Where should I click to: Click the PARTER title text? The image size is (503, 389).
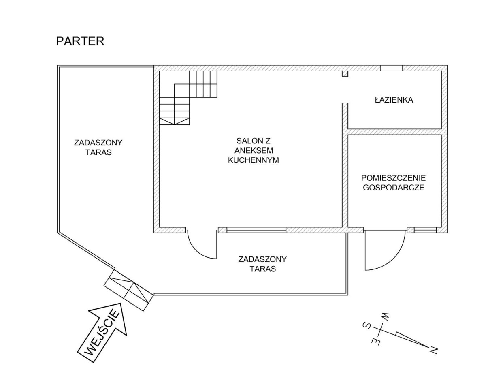click(80, 41)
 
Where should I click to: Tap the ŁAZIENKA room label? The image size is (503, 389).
click(394, 100)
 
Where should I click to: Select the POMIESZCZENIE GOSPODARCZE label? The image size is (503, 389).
click(394, 183)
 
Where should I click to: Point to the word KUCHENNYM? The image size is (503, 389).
click(254, 160)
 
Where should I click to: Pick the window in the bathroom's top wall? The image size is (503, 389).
click(392, 68)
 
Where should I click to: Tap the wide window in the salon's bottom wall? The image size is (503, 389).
click(256, 230)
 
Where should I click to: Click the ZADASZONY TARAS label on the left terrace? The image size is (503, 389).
click(98, 147)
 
